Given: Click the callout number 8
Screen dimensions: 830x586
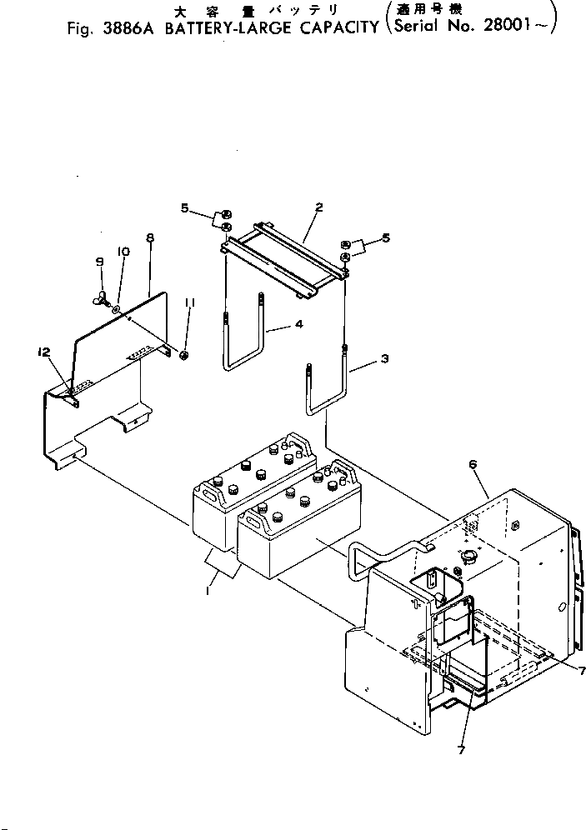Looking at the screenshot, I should coord(150,238).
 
